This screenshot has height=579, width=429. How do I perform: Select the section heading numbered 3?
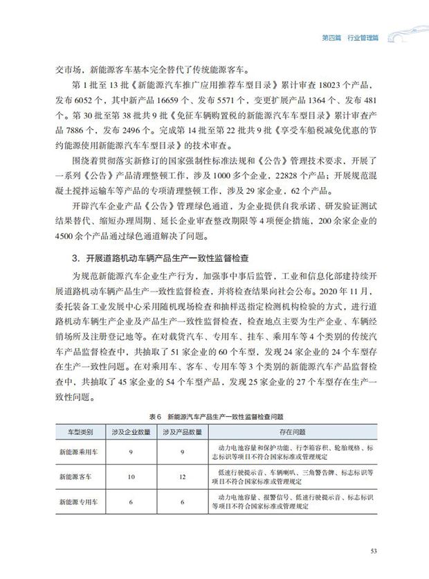click(161, 259)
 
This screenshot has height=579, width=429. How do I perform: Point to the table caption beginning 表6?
click(214, 416)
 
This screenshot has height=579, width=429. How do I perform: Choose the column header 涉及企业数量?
click(132, 431)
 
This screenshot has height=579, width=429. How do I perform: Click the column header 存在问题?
click(294, 431)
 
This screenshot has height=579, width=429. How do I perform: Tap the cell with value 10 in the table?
click(132, 476)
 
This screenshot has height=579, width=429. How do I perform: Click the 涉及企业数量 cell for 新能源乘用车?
click(132, 452)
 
